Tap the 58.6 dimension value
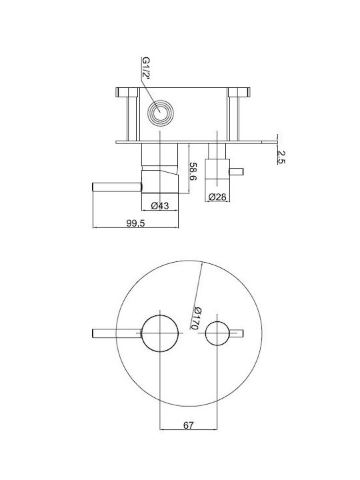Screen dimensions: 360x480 [x=193, y=171]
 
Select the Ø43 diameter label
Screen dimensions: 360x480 [x=160, y=206]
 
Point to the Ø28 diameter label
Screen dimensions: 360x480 [x=217, y=197]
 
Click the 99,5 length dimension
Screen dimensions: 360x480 [x=135, y=223]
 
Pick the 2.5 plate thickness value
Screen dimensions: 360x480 [x=281, y=157]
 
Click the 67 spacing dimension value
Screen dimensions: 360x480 [x=189, y=425]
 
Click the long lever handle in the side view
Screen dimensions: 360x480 [x=117, y=187]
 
